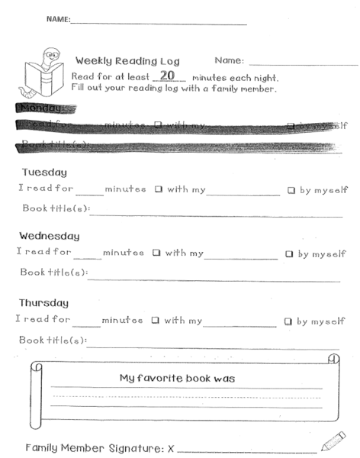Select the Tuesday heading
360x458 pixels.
pyautogui.click(x=45, y=173)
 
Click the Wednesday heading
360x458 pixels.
pyautogui.click(x=50, y=237)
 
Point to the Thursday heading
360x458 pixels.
pyautogui.click(x=44, y=303)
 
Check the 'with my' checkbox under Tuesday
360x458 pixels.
pyautogui.click(x=159, y=190)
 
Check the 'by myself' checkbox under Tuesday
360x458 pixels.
pyautogui.click(x=291, y=190)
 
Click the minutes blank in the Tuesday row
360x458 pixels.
pyautogui.click(x=88, y=191)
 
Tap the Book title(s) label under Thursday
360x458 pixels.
pyautogui.click(x=53, y=340)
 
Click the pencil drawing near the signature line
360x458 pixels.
pyautogui.click(x=333, y=441)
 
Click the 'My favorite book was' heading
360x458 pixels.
pyautogui.click(x=178, y=378)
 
